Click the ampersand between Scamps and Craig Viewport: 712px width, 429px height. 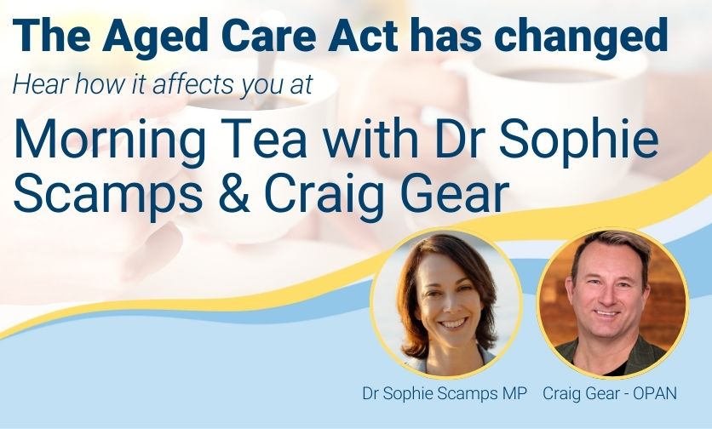pyautogui.click(x=234, y=193)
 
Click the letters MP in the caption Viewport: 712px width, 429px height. pyautogui.click(x=514, y=393)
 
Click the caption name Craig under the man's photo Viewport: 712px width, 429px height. pyautogui.click(x=560, y=394)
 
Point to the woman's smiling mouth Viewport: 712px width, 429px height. pyautogui.click(x=453, y=323)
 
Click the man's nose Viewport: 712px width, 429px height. pyautogui.click(x=607, y=297)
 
